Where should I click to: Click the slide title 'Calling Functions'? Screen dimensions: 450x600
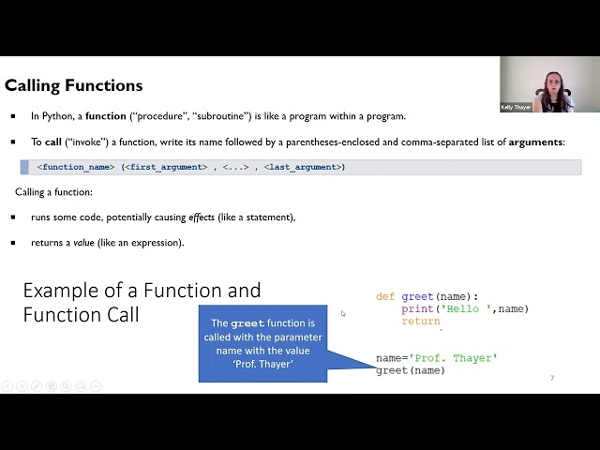[74, 85]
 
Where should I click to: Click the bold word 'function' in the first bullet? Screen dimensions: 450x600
[105, 116]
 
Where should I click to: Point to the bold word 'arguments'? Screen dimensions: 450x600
[535, 142]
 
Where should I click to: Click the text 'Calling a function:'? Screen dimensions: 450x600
[53, 192]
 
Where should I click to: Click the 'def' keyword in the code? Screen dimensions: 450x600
[385, 297]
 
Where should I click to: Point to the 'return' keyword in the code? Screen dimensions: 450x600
[421, 322]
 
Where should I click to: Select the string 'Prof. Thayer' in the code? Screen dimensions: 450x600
[453, 358]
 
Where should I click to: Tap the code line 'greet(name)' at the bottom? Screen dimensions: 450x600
[411, 370]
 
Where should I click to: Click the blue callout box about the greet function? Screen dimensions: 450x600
[262, 343]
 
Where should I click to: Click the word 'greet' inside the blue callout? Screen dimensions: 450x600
[247, 323]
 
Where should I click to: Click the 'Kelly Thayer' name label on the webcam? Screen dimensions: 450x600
[516, 108]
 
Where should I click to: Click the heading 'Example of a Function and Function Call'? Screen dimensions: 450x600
[142, 302]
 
